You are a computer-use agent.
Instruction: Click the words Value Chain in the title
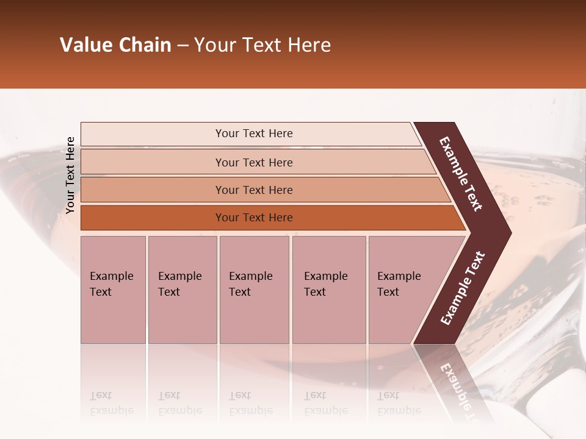click(115, 45)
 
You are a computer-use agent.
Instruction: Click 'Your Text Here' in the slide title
click(262, 45)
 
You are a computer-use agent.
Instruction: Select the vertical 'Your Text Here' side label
click(70, 175)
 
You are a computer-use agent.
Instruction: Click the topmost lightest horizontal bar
click(253, 134)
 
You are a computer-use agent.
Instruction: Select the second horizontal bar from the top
click(253, 162)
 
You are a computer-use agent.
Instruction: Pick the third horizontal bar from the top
click(253, 190)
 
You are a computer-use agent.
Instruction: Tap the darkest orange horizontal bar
click(253, 218)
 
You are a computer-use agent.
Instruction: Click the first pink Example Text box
click(113, 290)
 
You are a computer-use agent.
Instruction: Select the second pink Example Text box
click(182, 290)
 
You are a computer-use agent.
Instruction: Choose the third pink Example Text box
click(253, 290)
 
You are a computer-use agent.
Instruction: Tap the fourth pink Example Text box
click(328, 290)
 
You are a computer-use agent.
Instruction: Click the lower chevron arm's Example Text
click(463, 288)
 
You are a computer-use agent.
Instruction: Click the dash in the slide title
click(183, 46)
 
